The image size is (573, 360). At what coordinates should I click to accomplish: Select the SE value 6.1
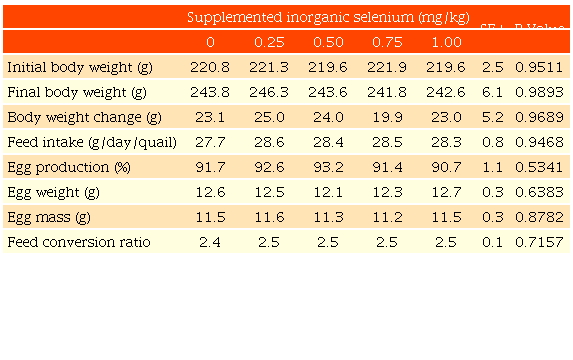pos(492,92)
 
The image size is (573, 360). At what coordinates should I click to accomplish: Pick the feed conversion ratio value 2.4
pos(210,242)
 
